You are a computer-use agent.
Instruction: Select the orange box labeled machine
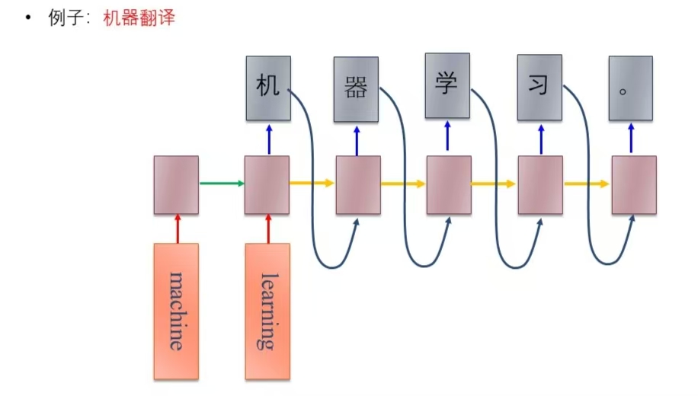(176, 311)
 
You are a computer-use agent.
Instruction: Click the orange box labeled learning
(267, 311)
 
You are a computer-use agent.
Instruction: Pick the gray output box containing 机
(268, 88)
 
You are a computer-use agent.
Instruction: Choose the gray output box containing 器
(356, 89)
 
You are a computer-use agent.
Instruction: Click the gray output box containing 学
(447, 85)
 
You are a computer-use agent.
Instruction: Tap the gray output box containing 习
(540, 88)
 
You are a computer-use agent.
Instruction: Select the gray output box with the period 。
(630, 88)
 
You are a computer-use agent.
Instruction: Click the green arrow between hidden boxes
(221, 183)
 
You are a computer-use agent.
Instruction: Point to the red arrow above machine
(176, 228)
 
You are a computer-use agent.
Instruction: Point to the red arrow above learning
(267, 228)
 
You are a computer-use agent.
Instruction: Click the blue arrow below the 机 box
(268, 139)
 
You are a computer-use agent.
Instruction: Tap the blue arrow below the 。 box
(631, 139)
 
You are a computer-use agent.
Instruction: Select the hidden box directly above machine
(176, 184)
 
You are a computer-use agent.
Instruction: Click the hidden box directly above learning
(267, 184)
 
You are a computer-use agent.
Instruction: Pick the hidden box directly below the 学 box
(449, 184)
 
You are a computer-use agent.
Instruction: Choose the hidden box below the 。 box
(634, 184)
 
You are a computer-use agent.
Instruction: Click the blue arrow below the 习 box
(540, 139)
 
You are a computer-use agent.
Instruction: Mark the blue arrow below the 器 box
(357, 139)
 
